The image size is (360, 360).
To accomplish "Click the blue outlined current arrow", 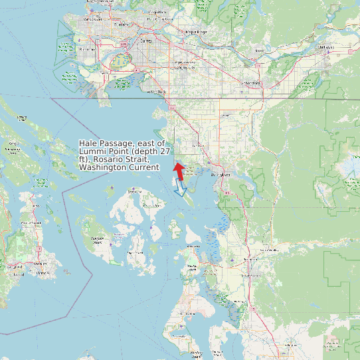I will (179, 189).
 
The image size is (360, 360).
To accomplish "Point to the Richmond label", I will (86, 49).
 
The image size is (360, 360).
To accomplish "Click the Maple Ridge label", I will (197, 32).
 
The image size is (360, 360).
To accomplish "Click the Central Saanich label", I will (31, 222).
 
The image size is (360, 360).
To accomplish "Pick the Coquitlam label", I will (157, 13).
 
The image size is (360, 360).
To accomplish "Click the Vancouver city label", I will (91, 20).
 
